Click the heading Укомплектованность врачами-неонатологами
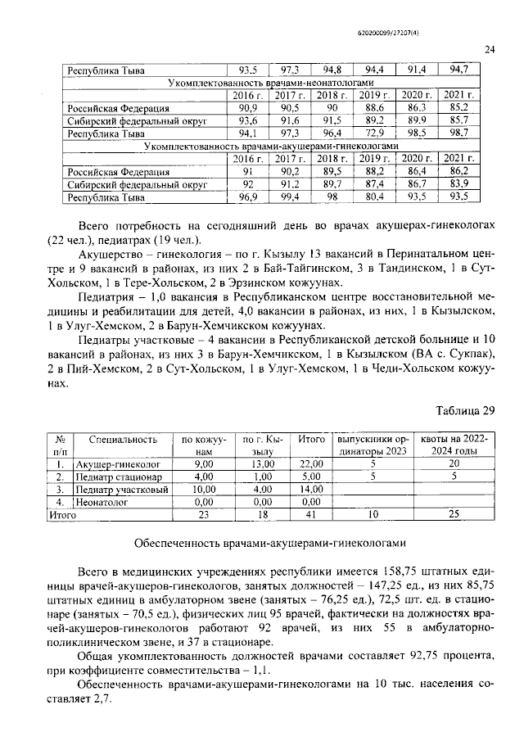(270, 84)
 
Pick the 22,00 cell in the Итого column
(311, 464)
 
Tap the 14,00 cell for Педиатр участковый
(311, 489)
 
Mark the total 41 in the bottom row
(311, 515)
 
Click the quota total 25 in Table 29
(453, 515)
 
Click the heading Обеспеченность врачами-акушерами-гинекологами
(270, 544)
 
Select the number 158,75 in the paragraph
(401, 571)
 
